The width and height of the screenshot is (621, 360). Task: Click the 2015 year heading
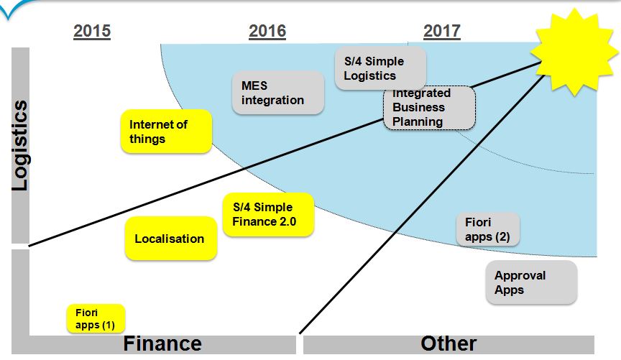[92, 32]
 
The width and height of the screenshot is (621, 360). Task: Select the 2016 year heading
[267, 32]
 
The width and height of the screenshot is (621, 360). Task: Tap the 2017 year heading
[442, 32]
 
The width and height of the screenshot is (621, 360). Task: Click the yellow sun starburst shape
[574, 52]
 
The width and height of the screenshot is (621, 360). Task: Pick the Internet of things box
[166, 131]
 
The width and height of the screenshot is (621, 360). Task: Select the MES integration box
[278, 93]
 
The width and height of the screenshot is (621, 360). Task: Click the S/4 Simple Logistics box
[381, 68]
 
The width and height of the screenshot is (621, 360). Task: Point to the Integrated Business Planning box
[429, 108]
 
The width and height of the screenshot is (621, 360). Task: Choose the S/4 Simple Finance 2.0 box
[269, 214]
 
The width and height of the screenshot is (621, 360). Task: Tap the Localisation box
[171, 239]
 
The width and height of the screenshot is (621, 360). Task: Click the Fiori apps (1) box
[96, 318]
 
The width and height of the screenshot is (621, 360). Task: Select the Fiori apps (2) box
[487, 229]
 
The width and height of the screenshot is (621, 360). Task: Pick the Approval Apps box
[531, 282]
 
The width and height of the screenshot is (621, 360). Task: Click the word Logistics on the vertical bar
[20, 145]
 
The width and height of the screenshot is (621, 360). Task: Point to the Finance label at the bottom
[162, 343]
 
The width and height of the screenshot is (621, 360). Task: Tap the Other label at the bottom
[448, 343]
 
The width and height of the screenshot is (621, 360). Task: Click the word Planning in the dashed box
[418, 121]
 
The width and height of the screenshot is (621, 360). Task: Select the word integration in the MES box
[273, 100]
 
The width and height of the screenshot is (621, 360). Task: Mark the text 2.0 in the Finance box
[287, 221]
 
